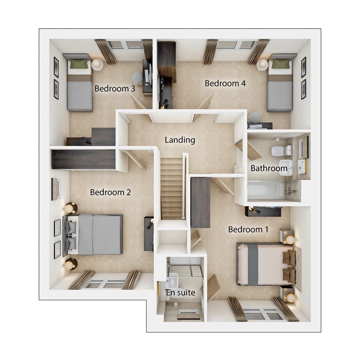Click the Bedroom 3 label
(x=115, y=89)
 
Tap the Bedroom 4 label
(x=225, y=83)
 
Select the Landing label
(x=180, y=140)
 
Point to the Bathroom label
(x=269, y=168)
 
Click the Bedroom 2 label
(x=110, y=192)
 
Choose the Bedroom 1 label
(x=248, y=229)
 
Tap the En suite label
(x=181, y=292)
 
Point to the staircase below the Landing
(x=172, y=189)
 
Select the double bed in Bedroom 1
(x=264, y=264)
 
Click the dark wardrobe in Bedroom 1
(x=200, y=202)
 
